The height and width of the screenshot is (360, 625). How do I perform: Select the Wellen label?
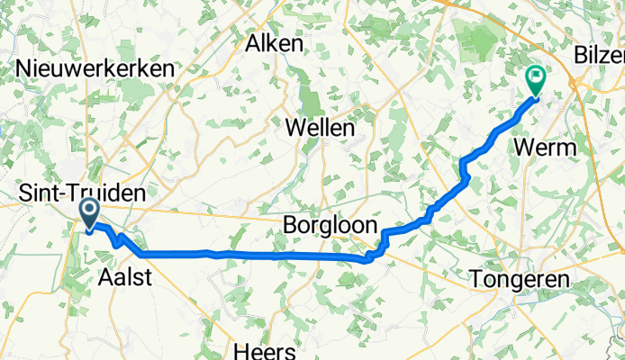point(319,129)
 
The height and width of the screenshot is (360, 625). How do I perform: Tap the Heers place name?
point(259,347)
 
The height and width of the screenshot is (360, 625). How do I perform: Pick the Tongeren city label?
point(521,280)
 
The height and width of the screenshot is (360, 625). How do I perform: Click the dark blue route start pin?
point(91,212)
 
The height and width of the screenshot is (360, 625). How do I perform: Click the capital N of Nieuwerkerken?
point(23,68)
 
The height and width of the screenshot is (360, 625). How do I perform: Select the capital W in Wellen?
point(294,129)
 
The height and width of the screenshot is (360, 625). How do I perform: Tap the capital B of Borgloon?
point(290,224)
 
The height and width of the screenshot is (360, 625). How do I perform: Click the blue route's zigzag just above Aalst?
point(120,239)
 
